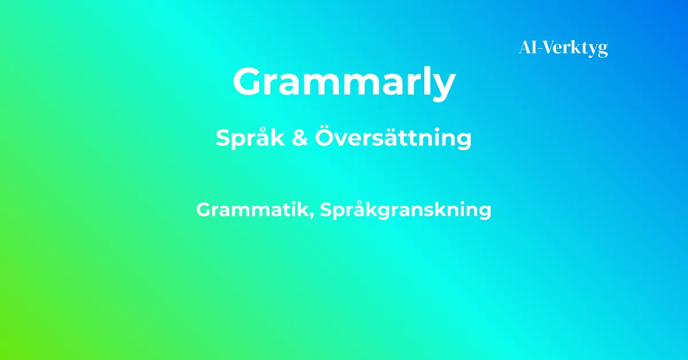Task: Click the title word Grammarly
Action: coord(345,83)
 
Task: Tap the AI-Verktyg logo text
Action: coord(564,49)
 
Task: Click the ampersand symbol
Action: coord(300,138)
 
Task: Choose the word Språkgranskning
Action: coord(406,210)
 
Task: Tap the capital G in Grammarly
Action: coord(248,81)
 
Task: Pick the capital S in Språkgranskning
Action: coord(327,209)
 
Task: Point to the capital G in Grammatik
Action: coord(205,209)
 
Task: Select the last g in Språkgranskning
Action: coord(483,213)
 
